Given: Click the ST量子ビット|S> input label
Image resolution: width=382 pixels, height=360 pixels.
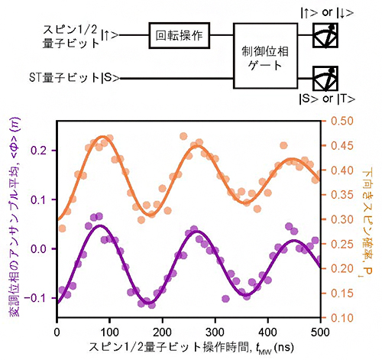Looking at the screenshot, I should pyautogui.click(x=73, y=78).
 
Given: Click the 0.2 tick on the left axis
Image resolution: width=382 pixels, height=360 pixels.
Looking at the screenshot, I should pyautogui.click(x=40, y=151).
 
